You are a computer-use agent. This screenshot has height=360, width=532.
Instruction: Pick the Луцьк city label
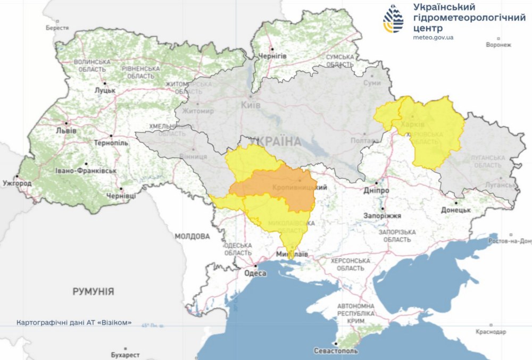pos(105,90)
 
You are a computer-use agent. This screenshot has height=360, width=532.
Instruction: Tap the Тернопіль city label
pos(111,144)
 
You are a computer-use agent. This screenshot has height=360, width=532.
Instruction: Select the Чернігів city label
pos(272,56)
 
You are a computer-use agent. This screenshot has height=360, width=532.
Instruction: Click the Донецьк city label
pos(456,210)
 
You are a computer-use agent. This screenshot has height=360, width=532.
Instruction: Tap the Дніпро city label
pos(377,190)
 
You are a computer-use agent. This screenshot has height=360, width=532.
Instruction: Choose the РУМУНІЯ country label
pos(93,291)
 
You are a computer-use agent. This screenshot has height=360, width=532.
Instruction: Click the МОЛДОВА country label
pos(193,236)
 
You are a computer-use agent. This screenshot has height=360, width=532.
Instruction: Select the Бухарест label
pos(126,354)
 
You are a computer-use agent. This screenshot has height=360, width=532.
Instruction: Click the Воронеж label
pos(498,45)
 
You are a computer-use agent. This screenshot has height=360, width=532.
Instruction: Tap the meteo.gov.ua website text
pos(433,37)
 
